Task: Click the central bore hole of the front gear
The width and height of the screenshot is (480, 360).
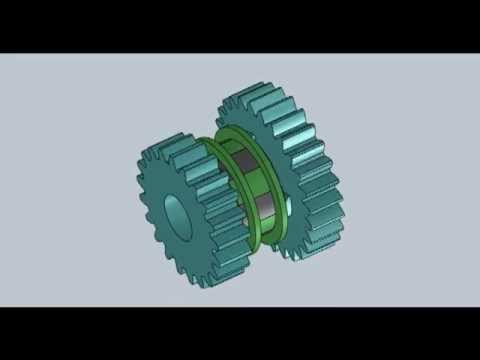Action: (176, 215)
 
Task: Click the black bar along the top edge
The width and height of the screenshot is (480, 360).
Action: (240, 26)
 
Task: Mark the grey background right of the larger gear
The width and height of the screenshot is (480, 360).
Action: (410, 180)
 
